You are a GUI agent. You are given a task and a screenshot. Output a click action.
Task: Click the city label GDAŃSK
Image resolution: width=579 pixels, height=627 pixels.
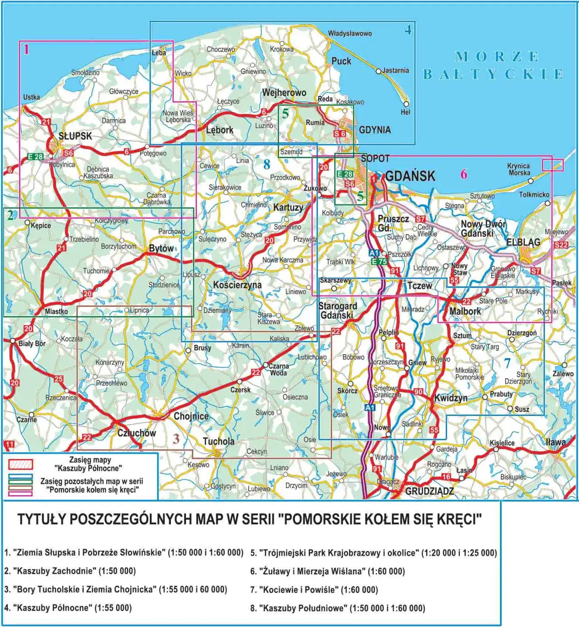point(410,176)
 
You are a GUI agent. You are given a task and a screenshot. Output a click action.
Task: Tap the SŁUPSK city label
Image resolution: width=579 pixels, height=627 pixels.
point(75,136)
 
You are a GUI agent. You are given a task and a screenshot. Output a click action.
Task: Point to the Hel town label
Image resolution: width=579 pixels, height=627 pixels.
point(405,112)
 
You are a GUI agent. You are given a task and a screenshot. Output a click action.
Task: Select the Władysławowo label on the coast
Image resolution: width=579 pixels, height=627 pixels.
point(350,33)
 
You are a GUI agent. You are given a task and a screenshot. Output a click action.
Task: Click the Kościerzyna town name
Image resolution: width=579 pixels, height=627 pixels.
point(237,285)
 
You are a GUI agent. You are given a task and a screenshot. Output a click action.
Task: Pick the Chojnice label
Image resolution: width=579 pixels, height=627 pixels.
point(191,416)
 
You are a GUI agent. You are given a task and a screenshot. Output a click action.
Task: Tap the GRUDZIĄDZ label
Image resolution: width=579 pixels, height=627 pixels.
point(429,491)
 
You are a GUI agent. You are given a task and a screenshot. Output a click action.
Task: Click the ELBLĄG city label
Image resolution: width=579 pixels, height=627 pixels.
point(523,242)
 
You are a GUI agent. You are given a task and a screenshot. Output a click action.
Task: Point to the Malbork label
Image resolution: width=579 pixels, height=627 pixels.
point(465,311)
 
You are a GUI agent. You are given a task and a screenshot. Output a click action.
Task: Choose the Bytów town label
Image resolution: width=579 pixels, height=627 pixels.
point(161,248)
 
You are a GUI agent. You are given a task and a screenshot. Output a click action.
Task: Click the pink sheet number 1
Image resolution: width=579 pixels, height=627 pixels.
point(26,49)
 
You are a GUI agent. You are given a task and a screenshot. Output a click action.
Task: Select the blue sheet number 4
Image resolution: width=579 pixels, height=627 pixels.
point(408,30)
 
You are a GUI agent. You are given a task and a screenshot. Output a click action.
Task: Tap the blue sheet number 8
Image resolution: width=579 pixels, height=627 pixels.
point(267,165)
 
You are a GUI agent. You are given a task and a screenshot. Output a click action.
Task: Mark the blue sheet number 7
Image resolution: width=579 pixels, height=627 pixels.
point(508,363)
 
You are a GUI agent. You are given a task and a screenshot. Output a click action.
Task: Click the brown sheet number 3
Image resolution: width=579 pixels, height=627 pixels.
point(176,438)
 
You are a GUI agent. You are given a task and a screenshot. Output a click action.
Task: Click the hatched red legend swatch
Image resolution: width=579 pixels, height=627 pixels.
point(20,465)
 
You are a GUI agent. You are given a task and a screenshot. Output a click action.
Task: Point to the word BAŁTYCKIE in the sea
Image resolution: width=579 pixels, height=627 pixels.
point(494,74)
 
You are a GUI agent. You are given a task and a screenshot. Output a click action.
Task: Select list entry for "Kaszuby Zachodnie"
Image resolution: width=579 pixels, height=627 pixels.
point(70,571)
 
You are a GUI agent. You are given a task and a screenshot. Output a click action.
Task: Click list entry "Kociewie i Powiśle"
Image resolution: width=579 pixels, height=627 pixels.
point(314,589)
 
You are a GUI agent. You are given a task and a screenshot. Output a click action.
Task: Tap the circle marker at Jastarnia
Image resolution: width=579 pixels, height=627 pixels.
point(379,71)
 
